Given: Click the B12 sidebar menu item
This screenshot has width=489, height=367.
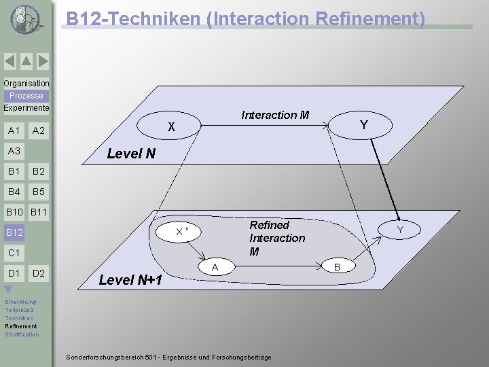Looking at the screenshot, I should click(x=15, y=233).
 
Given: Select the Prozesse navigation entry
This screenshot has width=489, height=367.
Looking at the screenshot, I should click(x=26, y=96).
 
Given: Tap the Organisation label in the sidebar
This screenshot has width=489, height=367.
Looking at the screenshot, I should click(x=26, y=84).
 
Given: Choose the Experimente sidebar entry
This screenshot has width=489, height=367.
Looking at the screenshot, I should click(x=26, y=108).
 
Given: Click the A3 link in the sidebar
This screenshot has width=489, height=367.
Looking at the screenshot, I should click(x=14, y=151).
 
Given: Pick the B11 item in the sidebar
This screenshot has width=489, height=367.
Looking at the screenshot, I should click(x=39, y=213).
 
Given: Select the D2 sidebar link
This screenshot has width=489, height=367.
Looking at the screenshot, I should click(x=39, y=273).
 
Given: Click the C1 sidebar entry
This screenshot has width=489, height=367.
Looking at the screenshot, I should click(x=14, y=253).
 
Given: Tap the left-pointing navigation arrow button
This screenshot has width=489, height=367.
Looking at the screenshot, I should click(x=10, y=62).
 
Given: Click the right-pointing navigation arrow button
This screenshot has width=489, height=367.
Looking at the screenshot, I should click(x=43, y=62).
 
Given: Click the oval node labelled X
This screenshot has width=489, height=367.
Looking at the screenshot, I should click(x=172, y=126).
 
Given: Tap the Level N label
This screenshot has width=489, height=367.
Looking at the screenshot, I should click(x=131, y=154).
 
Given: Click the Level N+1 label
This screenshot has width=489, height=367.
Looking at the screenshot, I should click(x=130, y=279).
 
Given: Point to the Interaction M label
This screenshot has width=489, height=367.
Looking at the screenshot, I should click(x=275, y=115).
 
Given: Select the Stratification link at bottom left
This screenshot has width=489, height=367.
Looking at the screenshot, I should click(x=22, y=334).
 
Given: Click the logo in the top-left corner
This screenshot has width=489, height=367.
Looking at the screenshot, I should click(x=25, y=19).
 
